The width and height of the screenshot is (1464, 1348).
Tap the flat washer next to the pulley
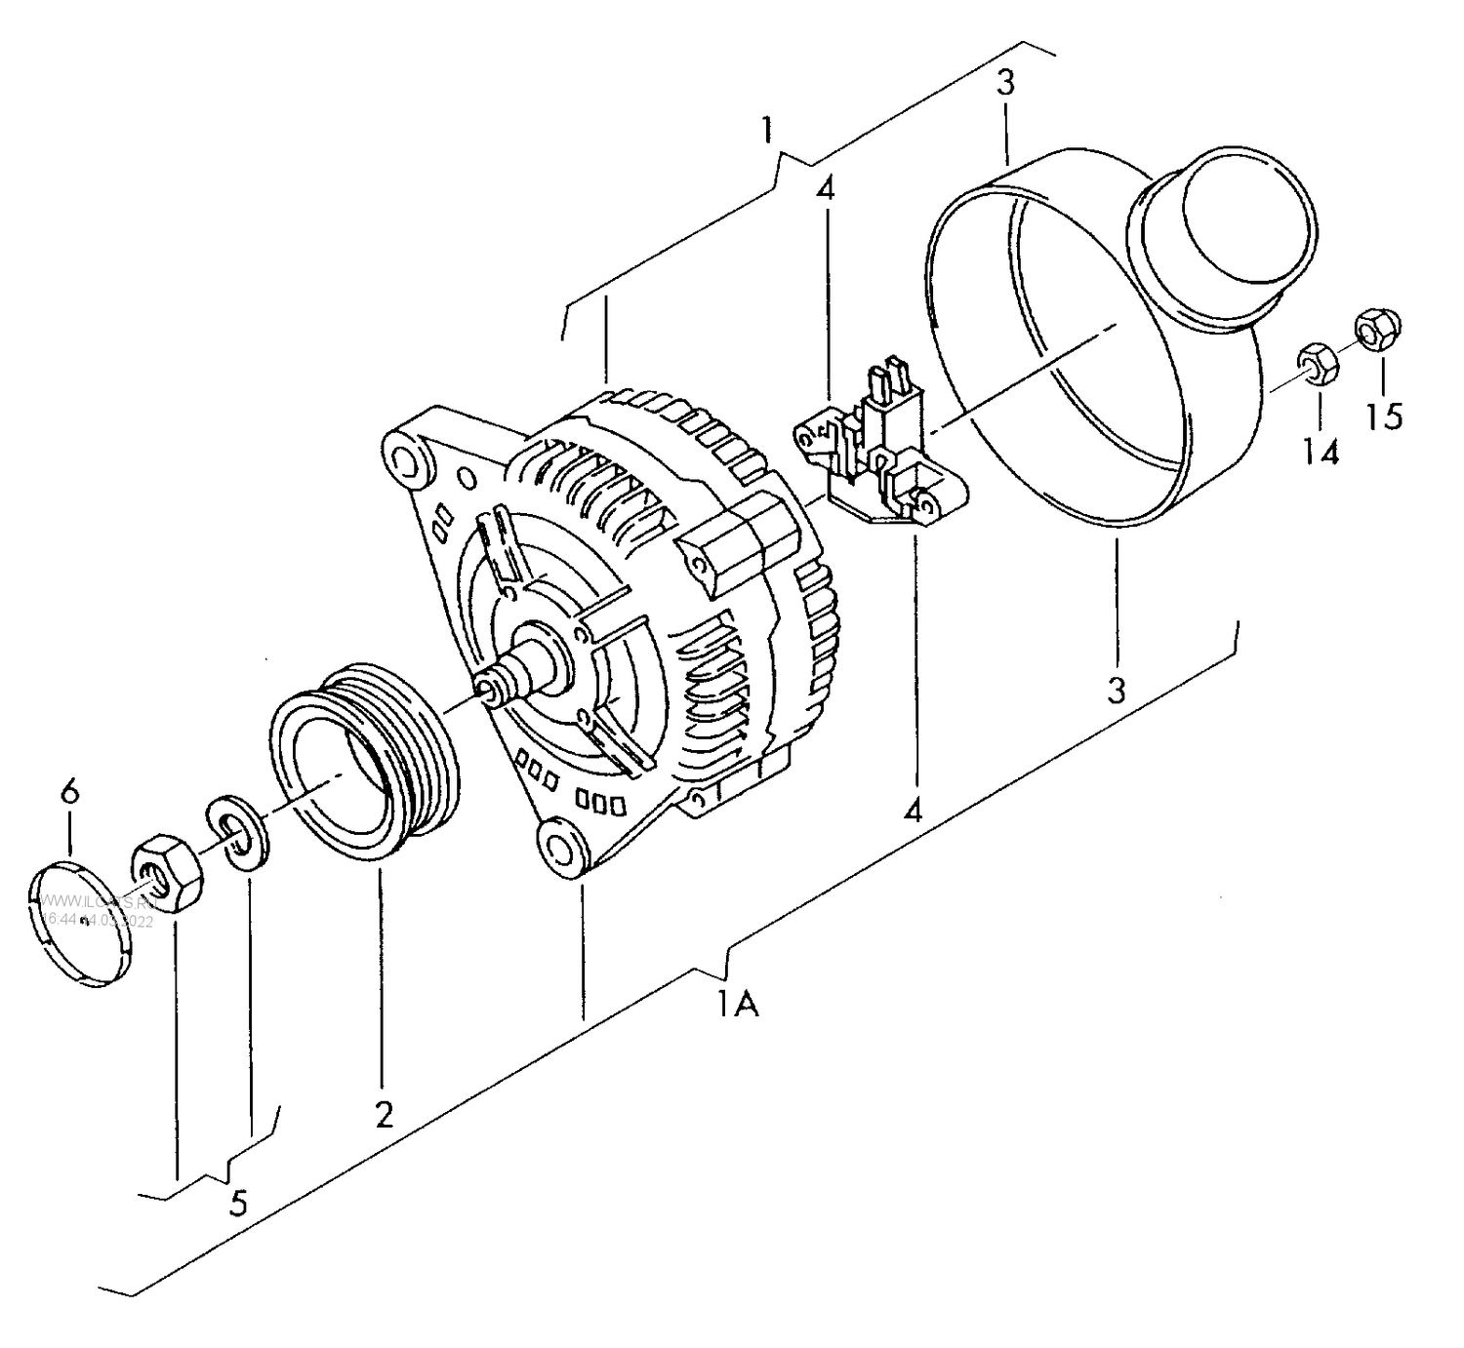click(237, 833)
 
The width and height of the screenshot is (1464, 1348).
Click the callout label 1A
click(738, 1003)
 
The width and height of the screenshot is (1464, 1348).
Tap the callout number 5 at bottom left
click(238, 1203)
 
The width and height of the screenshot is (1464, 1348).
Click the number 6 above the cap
click(69, 791)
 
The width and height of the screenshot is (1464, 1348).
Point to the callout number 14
click(1321, 452)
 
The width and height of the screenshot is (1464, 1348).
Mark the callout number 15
click(1384, 416)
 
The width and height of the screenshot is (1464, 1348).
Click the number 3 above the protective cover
click(1005, 83)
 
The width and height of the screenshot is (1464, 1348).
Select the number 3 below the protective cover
click(1117, 690)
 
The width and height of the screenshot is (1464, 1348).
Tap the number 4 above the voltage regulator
click(826, 189)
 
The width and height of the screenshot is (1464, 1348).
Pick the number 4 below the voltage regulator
click(913, 810)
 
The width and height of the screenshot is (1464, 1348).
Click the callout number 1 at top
click(768, 129)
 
